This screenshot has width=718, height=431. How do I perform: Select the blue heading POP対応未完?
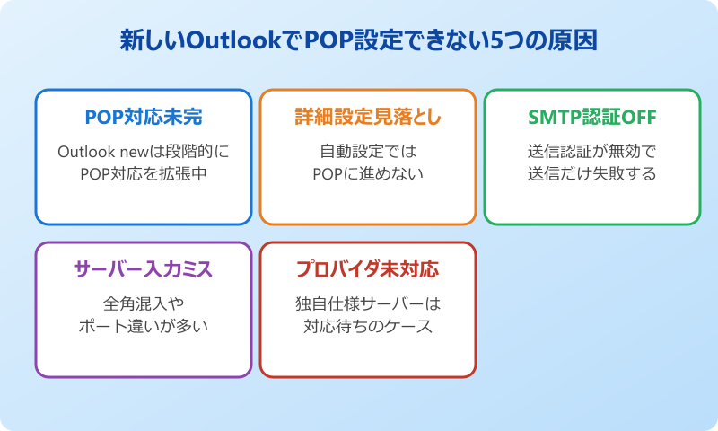point(144,118)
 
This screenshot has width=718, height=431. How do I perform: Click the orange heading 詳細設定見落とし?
point(368,118)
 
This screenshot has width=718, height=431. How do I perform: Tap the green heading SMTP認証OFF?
point(592,118)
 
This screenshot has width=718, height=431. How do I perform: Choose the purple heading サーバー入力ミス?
point(144,269)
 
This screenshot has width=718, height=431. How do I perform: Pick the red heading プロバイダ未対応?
point(368,269)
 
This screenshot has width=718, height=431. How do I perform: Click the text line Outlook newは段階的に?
point(144,150)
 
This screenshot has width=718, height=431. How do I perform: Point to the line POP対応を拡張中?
point(144,173)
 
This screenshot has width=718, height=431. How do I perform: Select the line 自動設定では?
point(368,150)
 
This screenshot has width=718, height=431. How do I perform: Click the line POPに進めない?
point(368,173)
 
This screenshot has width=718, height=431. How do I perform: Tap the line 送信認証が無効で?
point(592,150)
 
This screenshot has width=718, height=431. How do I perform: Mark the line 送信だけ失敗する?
point(592,173)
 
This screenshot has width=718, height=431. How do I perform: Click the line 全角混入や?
point(144,303)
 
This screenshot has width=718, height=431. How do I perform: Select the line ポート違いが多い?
point(144,326)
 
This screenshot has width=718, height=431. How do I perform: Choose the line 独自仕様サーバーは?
point(368,303)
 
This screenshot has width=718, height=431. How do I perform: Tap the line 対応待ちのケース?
point(368,326)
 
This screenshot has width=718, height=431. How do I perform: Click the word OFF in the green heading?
point(638,118)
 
